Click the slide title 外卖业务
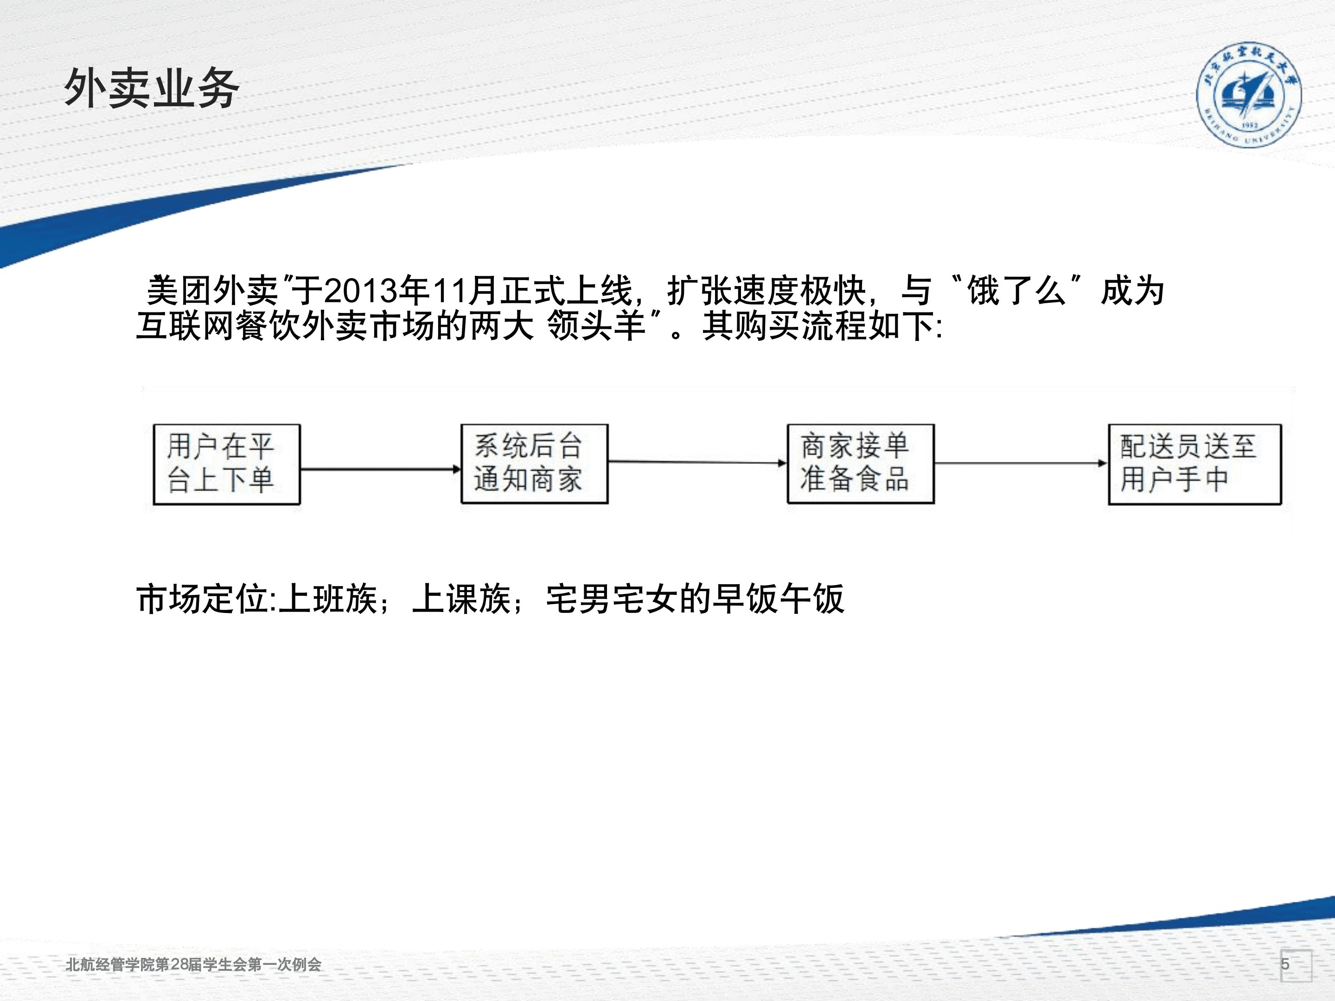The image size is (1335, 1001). pyautogui.click(x=152, y=88)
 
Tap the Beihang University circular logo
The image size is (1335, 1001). pyautogui.click(x=1248, y=95)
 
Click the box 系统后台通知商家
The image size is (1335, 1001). pyautogui.click(x=534, y=463)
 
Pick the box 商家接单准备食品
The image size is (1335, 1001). pyautogui.click(x=861, y=463)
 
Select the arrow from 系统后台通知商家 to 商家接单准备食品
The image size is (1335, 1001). pyautogui.click(x=697, y=462)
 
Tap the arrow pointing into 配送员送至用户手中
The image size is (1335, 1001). pyautogui.click(x=1021, y=463)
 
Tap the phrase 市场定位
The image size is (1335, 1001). pyautogui.click(x=203, y=599)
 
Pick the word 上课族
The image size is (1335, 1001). pyautogui.click(x=462, y=599)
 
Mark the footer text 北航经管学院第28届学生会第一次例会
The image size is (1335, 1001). pyautogui.click(x=193, y=964)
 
